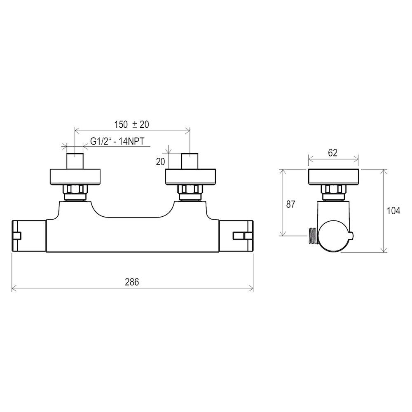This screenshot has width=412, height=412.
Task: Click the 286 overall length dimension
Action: [132, 282]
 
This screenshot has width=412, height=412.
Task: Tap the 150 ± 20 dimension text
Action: [131, 124]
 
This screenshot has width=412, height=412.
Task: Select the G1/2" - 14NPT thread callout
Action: [117, 141]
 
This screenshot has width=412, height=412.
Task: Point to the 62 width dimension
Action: [332, 153]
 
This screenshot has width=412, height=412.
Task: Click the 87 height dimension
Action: [290, 204]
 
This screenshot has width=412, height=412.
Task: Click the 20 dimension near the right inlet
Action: [160, 162]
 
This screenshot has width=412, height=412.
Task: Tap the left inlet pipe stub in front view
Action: [75, 161]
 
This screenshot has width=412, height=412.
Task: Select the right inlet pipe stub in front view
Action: [190, 161]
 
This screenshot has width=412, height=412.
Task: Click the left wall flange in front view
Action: [75, 177]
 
